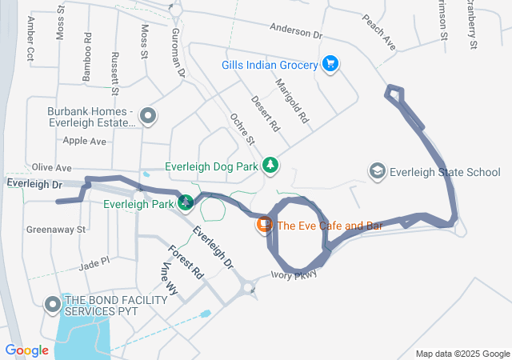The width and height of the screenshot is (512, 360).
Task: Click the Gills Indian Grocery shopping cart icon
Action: click(330, 63)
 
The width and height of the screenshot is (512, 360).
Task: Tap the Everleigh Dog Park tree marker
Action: click(271, 166)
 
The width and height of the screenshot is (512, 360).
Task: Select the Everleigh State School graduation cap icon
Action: click(376, 171)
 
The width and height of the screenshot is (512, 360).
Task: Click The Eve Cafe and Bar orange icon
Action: click(262, 226)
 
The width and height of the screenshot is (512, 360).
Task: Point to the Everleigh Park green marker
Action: click(186, 203)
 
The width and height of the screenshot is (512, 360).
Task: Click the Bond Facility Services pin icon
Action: click(54, 305)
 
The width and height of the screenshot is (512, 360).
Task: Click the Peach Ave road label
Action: click(379, 30)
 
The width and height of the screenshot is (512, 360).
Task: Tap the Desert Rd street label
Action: click(265, 114)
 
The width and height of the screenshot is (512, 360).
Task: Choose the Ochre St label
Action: click(242, 129)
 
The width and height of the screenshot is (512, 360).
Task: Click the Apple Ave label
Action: click(85, 141)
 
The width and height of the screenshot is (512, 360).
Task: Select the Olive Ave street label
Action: click(51, 168)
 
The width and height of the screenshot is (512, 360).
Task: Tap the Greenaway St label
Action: click(56, 230)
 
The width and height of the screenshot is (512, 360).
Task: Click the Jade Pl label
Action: click(94, 262)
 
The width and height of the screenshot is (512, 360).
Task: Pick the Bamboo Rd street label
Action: click(87, 57)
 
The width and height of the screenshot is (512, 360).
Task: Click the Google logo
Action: click(27, 350)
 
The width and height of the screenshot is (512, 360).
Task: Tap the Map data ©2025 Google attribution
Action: click(462, 354)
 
